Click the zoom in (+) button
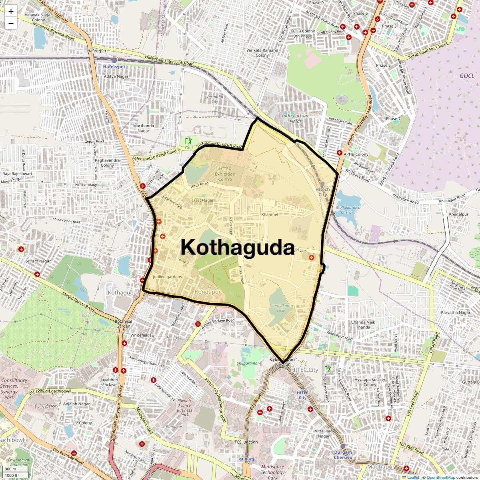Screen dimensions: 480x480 (11, 12)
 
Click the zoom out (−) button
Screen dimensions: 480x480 (11, 23)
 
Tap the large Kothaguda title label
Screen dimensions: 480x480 (238, 247)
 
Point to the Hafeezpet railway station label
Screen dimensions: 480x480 (114, 66)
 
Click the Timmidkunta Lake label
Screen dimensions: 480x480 (281, 308)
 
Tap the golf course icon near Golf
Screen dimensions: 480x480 (188, 141)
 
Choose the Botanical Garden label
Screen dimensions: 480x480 (123, 324)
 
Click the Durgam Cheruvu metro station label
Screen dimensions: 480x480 (343, 455)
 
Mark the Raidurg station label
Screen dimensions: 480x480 (246, 459)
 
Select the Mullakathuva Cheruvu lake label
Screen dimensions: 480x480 (348, 210)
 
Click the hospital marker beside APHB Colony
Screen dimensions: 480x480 (339, 153)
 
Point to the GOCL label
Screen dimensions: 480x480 (466, 76)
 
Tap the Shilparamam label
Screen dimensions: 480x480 (248, 363)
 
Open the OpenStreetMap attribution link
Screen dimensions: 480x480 (441, 477)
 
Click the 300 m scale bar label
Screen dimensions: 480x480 (10, 469)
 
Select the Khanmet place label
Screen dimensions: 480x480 (270, 214)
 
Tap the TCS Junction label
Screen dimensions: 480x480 (246, 442)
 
